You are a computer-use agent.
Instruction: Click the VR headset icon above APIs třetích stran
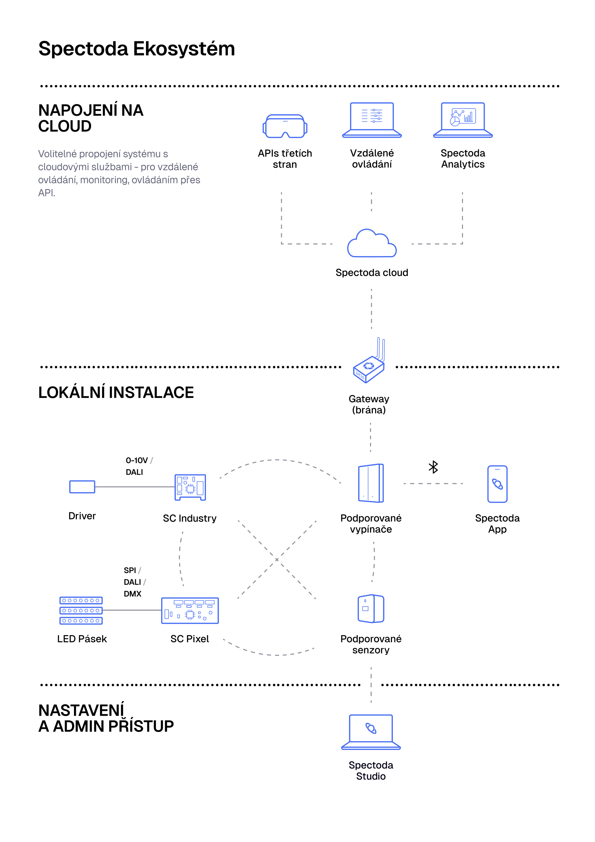point(285,127)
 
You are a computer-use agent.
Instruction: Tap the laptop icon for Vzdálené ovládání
point(372,120)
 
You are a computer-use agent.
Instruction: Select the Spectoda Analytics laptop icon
point(463,120)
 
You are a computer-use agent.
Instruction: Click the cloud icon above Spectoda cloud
point(372,244)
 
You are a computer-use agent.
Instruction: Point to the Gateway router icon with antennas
point(369,363)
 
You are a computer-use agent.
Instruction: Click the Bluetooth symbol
point(433,467)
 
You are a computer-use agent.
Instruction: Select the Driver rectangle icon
point(82,487)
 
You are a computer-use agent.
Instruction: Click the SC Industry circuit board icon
point(190,487)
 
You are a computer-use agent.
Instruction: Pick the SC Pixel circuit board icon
point(190,611)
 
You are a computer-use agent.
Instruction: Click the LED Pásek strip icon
point(81,611)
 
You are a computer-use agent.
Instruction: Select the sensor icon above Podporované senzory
point(371,609)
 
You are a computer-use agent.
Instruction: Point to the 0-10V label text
point(136,460)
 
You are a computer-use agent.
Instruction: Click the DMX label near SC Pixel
point(132,594)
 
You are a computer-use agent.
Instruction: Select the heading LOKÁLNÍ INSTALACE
point(116,392)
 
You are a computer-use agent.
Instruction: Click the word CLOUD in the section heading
point(65,126)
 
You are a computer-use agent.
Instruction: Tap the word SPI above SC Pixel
point(130,570)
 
